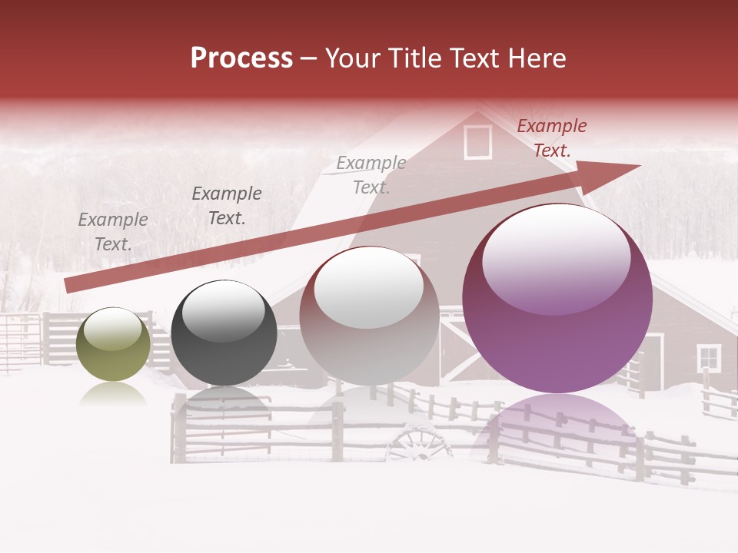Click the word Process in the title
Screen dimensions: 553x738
tap(241, 58)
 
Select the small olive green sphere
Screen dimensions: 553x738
tap(114, 344)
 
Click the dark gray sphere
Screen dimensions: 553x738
tap(224, 333)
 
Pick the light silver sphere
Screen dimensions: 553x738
tap(369, 316)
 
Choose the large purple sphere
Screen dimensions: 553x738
tap(557, 300)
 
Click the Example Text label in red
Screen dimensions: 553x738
tap(551, 138)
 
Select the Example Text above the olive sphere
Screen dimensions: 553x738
tap(113, 232)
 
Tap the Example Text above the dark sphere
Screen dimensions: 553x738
tap(227, 206)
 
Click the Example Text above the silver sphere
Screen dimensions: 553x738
tap(371, 174)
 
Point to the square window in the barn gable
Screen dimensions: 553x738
tap(477, 142)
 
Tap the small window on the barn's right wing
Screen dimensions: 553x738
tap(708, 357)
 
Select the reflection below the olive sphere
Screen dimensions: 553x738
tap(114, 395)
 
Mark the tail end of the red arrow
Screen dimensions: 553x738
tap(68, 286)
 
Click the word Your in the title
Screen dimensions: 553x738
tap(351, 58)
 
